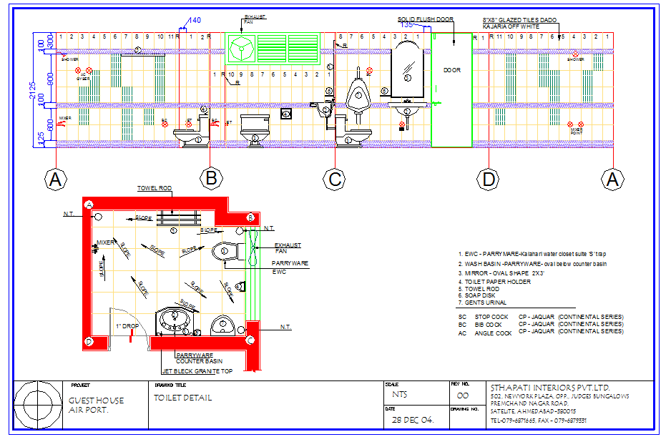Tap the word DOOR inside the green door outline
452,70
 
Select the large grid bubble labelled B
211,179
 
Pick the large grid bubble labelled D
489,179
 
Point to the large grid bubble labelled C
335,179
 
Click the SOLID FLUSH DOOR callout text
425,19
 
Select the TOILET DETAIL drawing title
182,398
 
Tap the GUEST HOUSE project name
96,401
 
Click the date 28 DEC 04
413,420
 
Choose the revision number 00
463,396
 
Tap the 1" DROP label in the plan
127,326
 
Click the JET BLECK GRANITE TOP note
197,372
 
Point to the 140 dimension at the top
195,20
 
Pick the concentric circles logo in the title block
36,404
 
